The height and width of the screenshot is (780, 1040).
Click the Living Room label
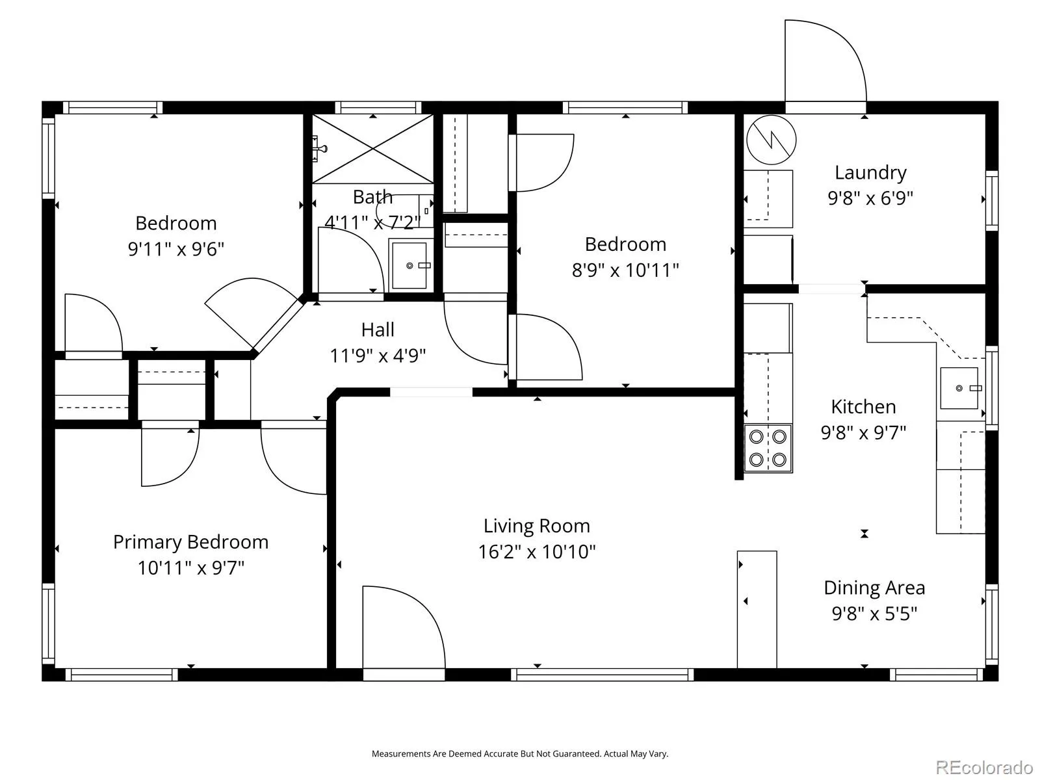pyautogui.click(x=536, y=526)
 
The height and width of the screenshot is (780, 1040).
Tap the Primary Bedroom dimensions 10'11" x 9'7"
pyautogui.click(x=191, y=567)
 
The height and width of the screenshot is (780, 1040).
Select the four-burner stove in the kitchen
pyautogui.click(x=768, y=448)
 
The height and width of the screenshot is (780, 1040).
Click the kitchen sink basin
pyautogui.click(x=959, y=388)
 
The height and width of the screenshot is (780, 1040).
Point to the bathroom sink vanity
pyautogui.click(x=411, y=265)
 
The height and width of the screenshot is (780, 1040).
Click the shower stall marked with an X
pyautogui.click(x=372, y=148)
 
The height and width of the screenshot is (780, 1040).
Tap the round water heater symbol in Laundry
pyautogui.click(x=771, y=140)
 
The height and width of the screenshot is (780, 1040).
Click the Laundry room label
pyautogui.click(x=870, y=172)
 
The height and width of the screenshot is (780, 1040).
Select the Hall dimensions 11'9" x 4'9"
pyautogui.click(x=378, y=356)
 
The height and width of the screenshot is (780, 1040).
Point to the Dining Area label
pyautogui.click(x=874, y=588)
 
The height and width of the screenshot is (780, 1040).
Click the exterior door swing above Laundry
pyautogui.click(x=825, y=60)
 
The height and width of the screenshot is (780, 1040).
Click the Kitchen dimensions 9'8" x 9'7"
pyautogui.click(x=863, y=432)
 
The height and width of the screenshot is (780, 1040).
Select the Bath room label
pyautogui.click(x=372, y=196)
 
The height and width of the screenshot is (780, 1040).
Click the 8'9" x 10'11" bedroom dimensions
pyautogui.click(x=625, y=270)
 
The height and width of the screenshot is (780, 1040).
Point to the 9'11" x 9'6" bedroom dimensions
pyautogui.click(x=175, y=249)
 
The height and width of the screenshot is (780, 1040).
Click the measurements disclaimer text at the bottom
pyautogui.click(x=520, y=753)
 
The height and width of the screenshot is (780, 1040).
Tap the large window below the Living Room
pyautogui.click(x=602, y=675)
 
